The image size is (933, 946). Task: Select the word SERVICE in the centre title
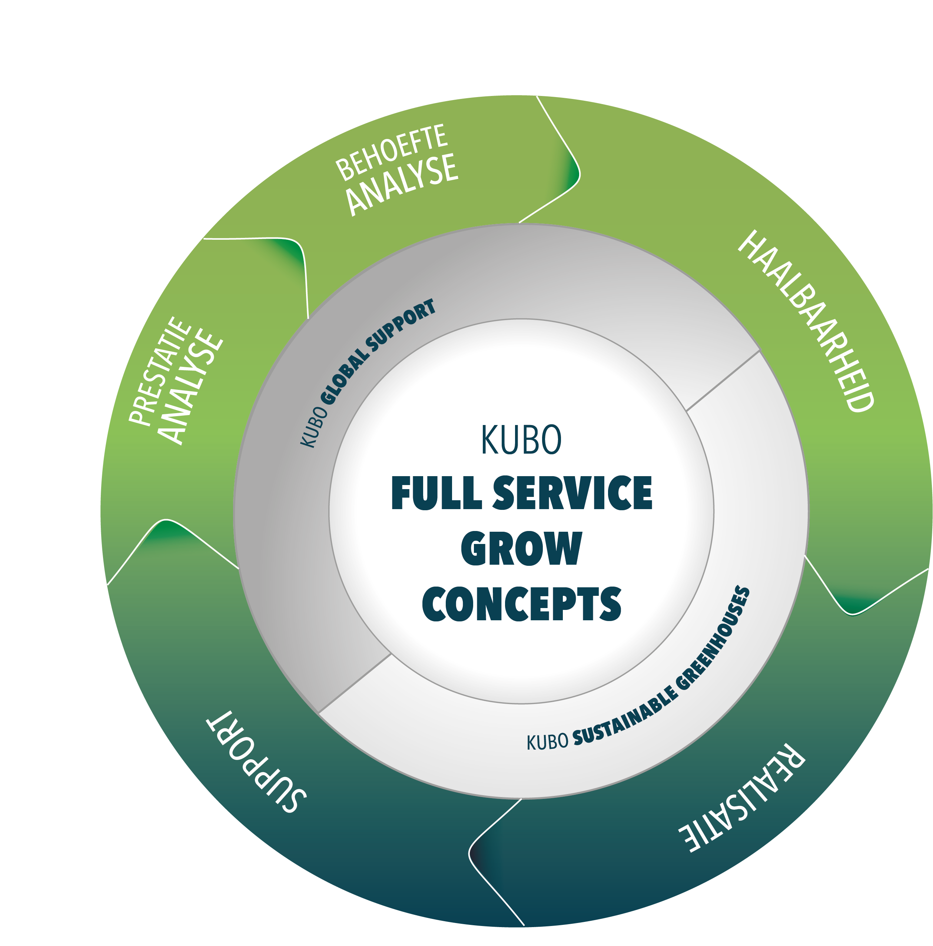pyautogui.click(x=572, y=493)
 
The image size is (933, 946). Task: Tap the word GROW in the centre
pyautogui.click(x=521, y=548)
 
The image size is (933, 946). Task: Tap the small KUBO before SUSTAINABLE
pyautogui.click(x=547, y=742)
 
